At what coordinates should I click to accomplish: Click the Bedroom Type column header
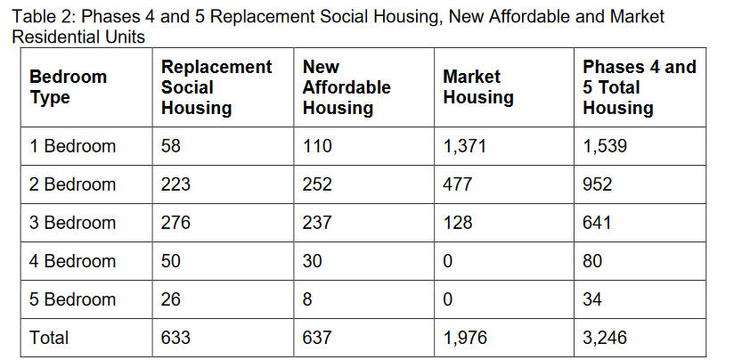pos(69,87)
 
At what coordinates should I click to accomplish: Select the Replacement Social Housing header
pos(216,87)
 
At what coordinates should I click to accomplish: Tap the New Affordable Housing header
pos(347,87)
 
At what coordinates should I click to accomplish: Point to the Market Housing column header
pos(478,87)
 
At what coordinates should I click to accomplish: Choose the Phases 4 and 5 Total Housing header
pos(639,87)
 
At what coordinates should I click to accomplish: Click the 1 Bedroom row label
pos(72,146)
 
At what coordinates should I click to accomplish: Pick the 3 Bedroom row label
pos(72,223)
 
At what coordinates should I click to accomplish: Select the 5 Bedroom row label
pos(72,299)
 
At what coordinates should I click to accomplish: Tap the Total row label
pos(49,338)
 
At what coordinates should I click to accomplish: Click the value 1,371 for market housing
pos(464,146)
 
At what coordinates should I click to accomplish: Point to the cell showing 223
pos(175,184)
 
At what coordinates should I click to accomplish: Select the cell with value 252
pos(317,184)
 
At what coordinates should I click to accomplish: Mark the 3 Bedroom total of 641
pos(597,223)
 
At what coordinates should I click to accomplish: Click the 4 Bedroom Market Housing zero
pos(447,261)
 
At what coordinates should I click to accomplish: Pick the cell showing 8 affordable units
pos(307,299)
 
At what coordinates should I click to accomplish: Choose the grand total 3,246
pos(604,338)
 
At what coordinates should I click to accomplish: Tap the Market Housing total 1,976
pos(464,338)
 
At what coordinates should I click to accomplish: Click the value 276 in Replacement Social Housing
pos(175,223)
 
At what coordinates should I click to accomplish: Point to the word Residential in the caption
pos(56,37)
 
